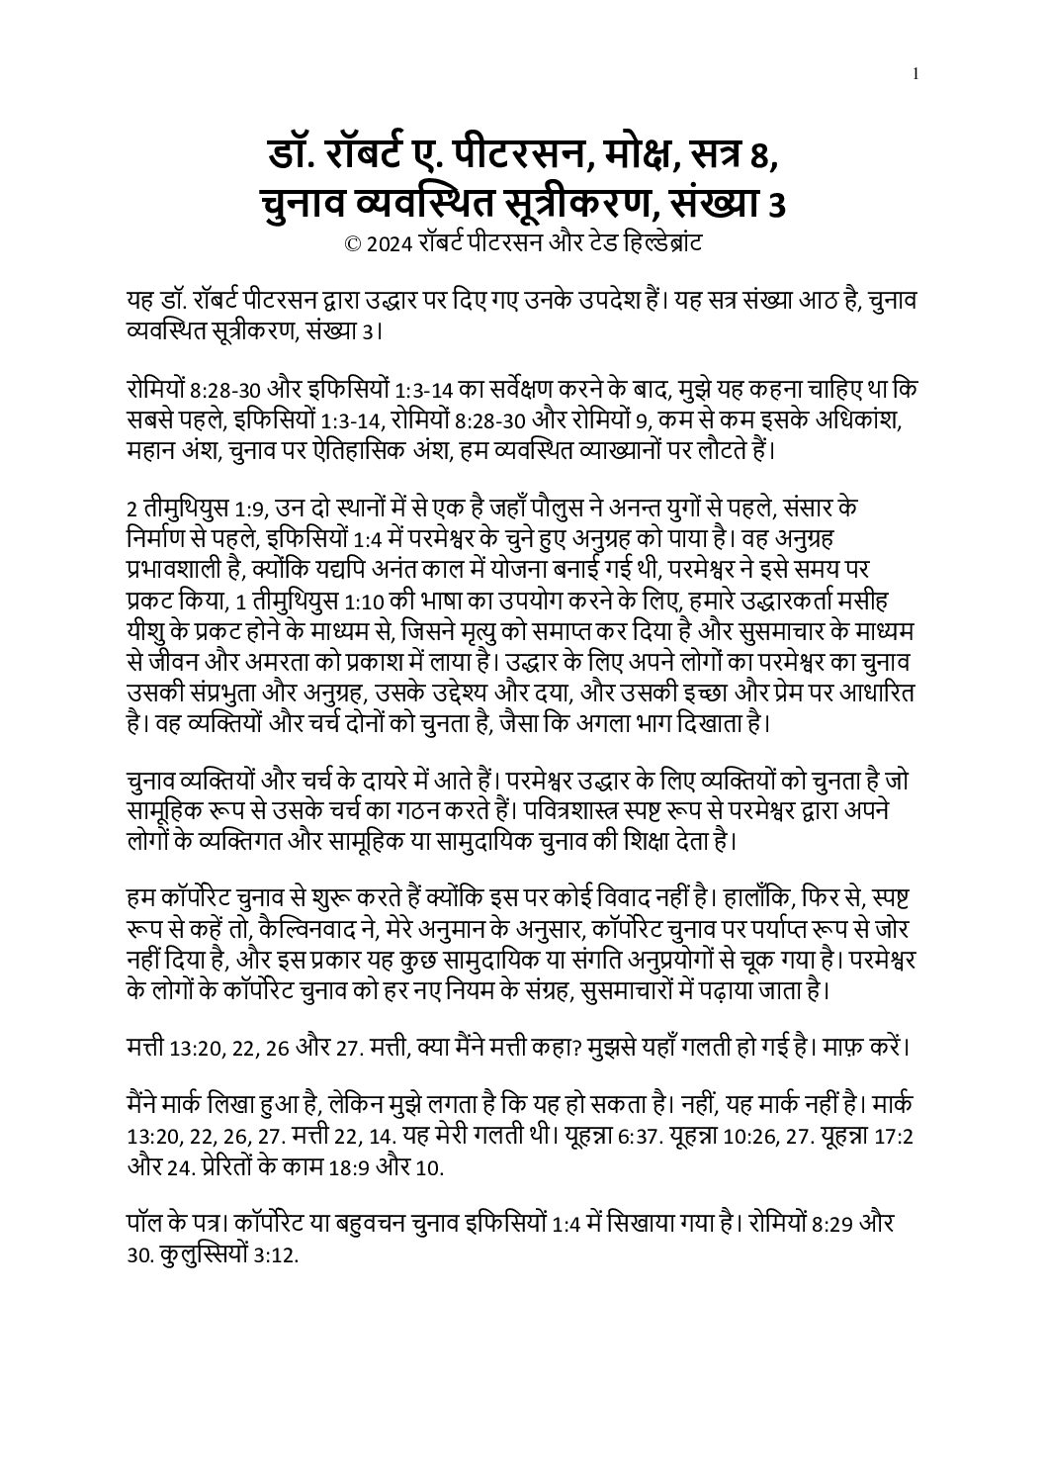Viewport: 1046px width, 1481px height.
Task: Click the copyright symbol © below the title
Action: pyautogui.click(x=351, y=243)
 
